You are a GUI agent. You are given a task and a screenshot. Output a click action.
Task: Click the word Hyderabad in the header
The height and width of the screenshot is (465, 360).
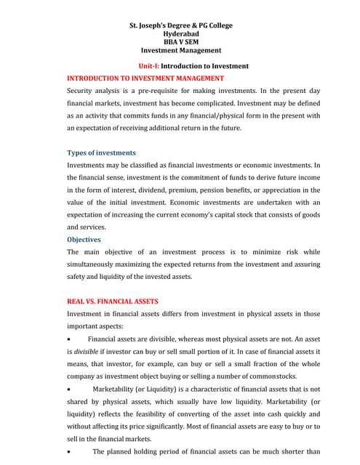(180, 34)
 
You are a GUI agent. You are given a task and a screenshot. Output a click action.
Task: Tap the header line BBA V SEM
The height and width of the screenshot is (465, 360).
(180, 42)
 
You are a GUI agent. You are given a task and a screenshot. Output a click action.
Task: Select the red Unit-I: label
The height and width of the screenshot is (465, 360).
(148, 66)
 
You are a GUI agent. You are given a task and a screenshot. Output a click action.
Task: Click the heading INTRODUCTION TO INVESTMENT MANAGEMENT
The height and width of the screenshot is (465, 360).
(145, 78)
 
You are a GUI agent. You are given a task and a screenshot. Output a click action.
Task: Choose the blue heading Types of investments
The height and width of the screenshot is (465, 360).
(101, 153)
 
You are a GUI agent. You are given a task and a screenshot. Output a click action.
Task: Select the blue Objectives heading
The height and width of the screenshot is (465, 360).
(84, 239)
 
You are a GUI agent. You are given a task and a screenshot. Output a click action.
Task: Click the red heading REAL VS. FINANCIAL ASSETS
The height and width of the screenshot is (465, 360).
(112, 301)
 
